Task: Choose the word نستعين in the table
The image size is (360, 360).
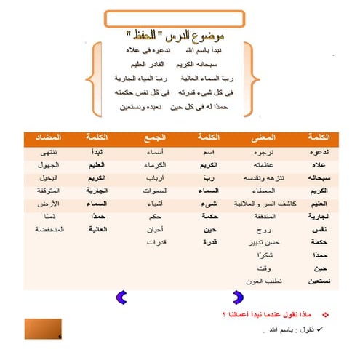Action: click(x=316, y=280)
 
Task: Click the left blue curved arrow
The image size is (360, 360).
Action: click(x=122, y=296)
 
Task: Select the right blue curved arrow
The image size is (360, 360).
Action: click(x=237, y=296)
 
